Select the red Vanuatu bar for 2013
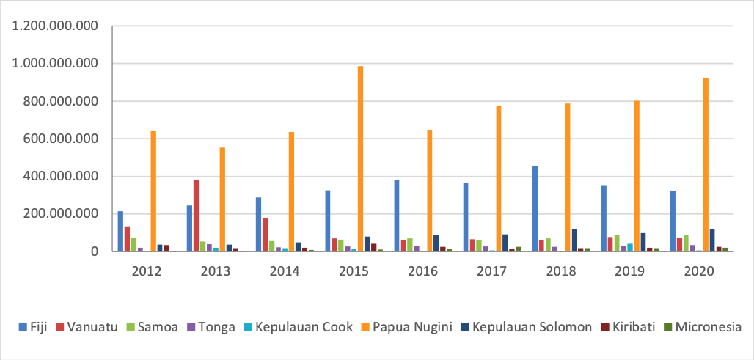point(196,216)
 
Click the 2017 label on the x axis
point(492,270)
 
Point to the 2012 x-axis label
point(147,270)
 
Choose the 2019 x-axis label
point(630,270)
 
